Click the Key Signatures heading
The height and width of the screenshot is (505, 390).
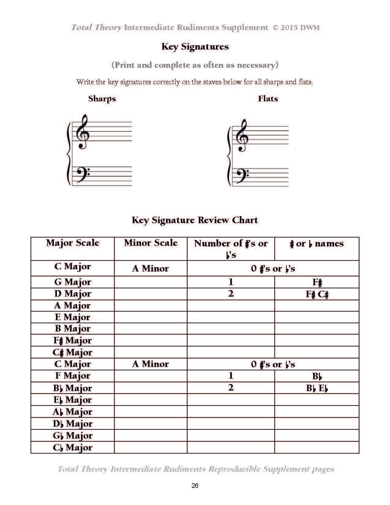[195, 47]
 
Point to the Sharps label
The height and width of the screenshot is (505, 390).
[102, 99]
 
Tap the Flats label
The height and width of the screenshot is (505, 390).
[268, 99]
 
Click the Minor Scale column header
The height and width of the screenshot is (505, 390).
[150, 243]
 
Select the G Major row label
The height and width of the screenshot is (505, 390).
[73, 282]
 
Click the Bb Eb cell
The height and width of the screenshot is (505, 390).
[317, 388]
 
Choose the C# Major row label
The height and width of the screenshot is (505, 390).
[72, 352]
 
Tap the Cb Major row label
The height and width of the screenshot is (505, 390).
[72, 447]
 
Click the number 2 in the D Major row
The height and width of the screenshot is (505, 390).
[231, 294]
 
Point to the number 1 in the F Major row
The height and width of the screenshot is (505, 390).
[231, 376]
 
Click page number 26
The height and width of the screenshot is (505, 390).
[195, 486]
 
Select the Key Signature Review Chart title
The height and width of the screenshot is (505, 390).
[195, 220]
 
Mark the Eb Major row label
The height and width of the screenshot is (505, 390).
[72, 400]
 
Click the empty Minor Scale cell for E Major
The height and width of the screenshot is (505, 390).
[150, 317]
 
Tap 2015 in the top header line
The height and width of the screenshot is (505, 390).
[289, 28]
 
